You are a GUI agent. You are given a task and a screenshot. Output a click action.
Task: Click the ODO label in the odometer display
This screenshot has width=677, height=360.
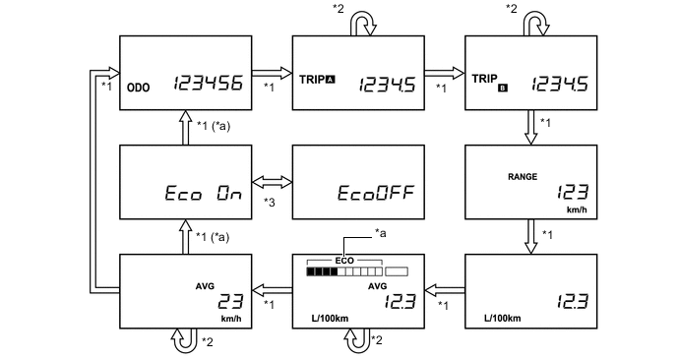click(138, 87)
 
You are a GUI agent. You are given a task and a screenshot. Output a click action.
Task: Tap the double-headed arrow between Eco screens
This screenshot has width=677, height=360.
click(273, 183)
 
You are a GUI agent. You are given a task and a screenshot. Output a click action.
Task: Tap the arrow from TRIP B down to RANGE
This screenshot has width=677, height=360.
click(532, 124)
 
